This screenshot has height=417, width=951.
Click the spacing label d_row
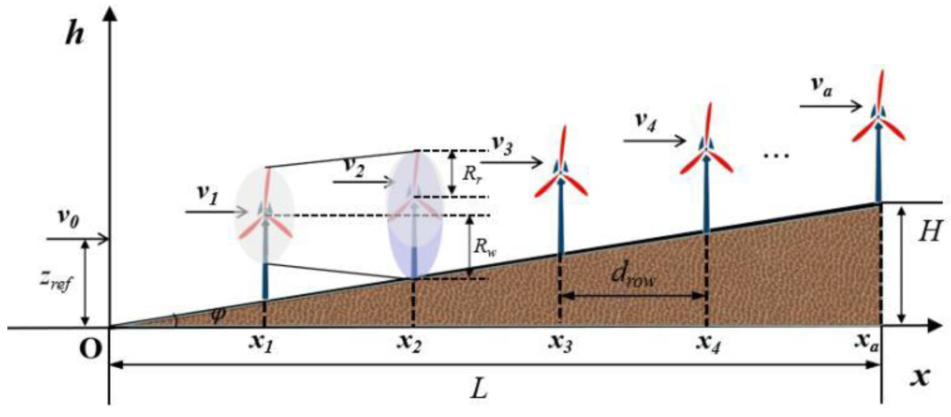click(x=633, y=277)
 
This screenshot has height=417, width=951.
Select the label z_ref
click(x=55, y=282)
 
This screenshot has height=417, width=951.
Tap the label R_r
click(x=473, y=173)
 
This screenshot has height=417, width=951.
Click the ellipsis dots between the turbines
click(x=776, y=155)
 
